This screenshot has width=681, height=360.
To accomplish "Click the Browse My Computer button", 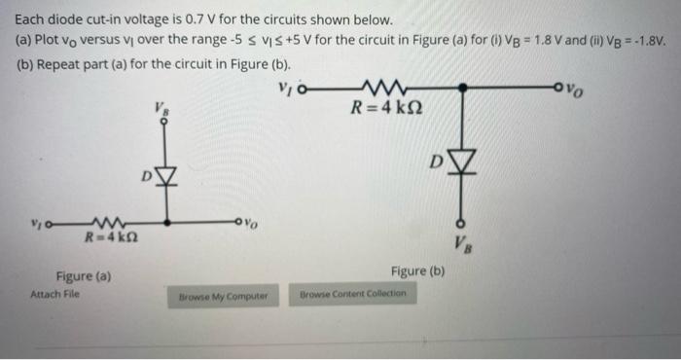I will point(229,293).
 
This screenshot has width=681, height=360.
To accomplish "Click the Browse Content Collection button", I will point(354,293).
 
